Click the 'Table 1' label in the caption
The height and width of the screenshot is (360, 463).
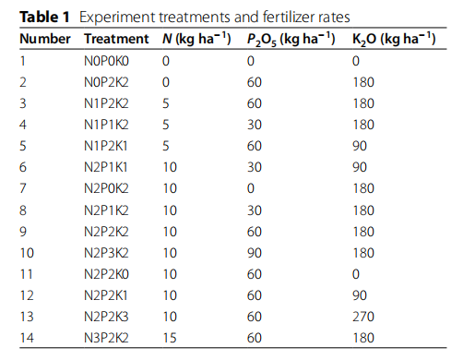pos(44,17)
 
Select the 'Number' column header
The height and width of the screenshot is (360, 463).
pos(45,39)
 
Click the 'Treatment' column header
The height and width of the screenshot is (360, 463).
pos(116,39)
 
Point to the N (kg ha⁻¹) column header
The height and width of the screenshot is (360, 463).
pos(196,39)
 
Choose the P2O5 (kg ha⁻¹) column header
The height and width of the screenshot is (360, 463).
pos(291,40)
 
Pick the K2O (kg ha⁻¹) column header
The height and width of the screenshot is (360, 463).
pos(394,40)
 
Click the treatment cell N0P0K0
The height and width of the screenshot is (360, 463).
pos(106,61)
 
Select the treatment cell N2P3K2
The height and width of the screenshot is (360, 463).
pos(106,253)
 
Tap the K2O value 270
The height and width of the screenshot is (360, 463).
pos(363,317)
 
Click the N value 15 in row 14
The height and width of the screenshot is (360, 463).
pos(170,338)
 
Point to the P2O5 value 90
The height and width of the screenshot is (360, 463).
pos(255,253)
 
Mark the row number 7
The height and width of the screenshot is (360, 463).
pos(23,188)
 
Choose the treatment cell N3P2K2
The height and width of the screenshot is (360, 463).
pos(106,338)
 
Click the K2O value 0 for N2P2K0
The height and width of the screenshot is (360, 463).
pos(356,274)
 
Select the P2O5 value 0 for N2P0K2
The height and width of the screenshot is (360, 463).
pos(251,188)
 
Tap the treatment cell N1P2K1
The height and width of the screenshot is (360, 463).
pos(106,146)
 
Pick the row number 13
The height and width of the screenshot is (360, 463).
pos(27,317)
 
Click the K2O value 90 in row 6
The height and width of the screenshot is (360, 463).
pos(360,167)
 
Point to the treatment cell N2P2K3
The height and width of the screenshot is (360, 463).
pos(106,317)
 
